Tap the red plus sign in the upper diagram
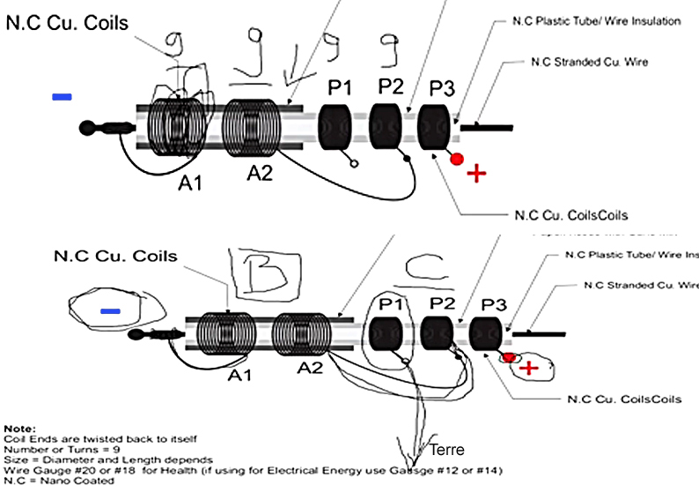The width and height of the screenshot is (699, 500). pos(476,173)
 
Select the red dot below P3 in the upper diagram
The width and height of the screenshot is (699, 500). pos(456,160)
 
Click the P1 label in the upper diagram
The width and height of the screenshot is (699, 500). pos(340,88)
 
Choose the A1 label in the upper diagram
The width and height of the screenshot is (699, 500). pos(191,183)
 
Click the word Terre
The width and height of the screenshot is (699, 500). pos(446,450)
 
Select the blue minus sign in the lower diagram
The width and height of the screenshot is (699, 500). pos(110,311)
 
